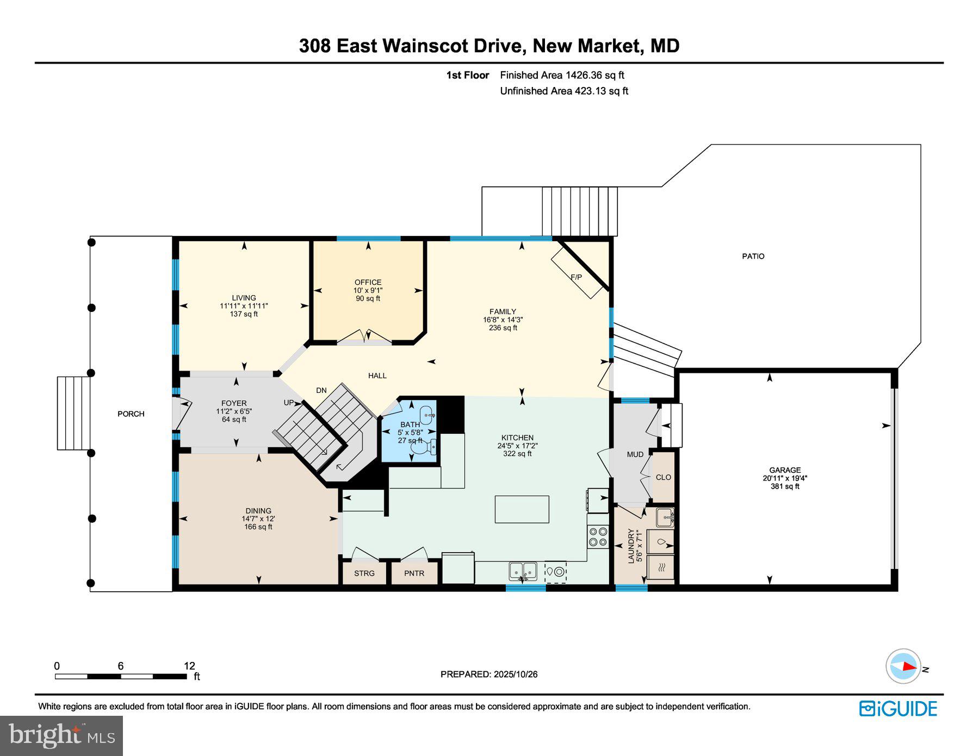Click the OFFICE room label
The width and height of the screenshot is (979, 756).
pyautogui.click(x=368, y=282)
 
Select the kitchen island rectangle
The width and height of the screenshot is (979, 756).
pyautogui.click(x=522, y=509)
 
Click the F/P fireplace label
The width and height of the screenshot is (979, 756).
pyautogui.click(x=576, y=277)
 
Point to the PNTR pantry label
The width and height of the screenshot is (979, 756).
pyautogui.click(x=414, y=573)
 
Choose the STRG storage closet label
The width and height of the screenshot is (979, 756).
pyautogui.click(x=364, y=573)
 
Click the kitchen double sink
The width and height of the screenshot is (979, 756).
pyautogui.click(x=523, y=571)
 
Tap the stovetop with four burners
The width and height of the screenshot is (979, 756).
pyautogui.click(x=598, y=536)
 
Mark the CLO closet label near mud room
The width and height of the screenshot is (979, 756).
pyautogui.click(x=663, y=477)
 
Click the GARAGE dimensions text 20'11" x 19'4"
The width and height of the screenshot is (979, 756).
pyautogui.click(x=784, y=478)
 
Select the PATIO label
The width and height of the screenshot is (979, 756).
pyautogui.click(x=753, y=256)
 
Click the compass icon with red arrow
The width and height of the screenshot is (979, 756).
pyautogui.click(x=903, y=666)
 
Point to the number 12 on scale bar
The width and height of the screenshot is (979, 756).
pyautogui.click(x=189, y=666)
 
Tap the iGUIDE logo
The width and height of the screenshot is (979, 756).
pyautogui.click(x=898, y=709)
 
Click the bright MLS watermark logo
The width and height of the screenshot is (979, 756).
pyautogui.click(x=61, y=735)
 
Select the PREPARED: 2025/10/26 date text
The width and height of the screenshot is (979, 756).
pyautogui.click(x=489, y=674)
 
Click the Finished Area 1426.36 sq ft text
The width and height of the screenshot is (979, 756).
pyautogui.click(x=562, y=75)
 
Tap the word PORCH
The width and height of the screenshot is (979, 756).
pyautogui.click(x=131, y=414)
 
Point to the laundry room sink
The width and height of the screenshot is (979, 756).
pyautogui.click(x=664, y=517)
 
